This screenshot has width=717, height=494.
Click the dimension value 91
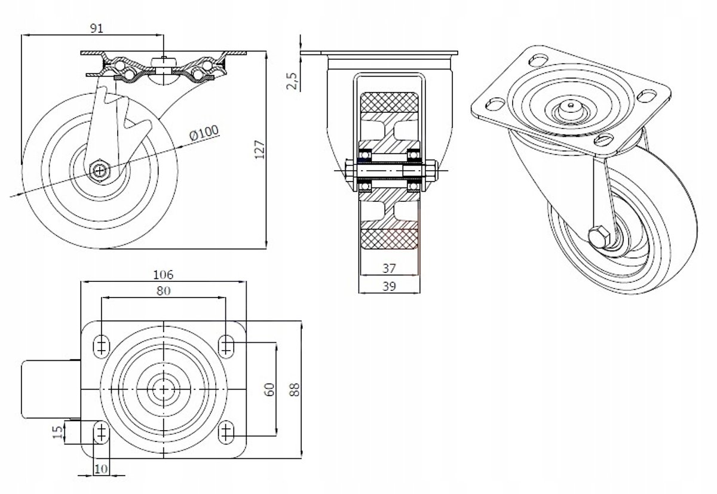pos(97,28)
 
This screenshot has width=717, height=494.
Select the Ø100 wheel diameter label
pos(204,133)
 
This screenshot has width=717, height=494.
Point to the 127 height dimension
pos(259,149)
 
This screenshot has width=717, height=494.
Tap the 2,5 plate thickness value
pos(292,81)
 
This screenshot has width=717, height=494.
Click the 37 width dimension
pos(389,268)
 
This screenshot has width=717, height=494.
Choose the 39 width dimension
pos(389,286)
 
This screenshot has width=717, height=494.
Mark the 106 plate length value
pos(163,275)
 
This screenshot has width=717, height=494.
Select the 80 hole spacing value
pos(163,290)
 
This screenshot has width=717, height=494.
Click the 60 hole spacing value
pos(270,389)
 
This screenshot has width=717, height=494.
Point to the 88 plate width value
pos(294,389)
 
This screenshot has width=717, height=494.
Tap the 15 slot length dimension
pos(58,432)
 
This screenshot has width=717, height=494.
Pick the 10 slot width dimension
pos(101,469)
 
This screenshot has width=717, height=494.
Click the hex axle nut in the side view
pos(100,170)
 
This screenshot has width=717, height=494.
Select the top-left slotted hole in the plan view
pos(101,346)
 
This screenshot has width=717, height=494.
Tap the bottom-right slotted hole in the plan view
pos(226,432)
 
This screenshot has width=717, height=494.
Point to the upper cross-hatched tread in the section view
pos(389,102)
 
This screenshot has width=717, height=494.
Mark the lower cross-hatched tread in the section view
pos(389,239)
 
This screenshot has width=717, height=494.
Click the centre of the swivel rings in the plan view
pos(164,389)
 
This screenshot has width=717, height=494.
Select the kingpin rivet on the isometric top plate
pos(571,105)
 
